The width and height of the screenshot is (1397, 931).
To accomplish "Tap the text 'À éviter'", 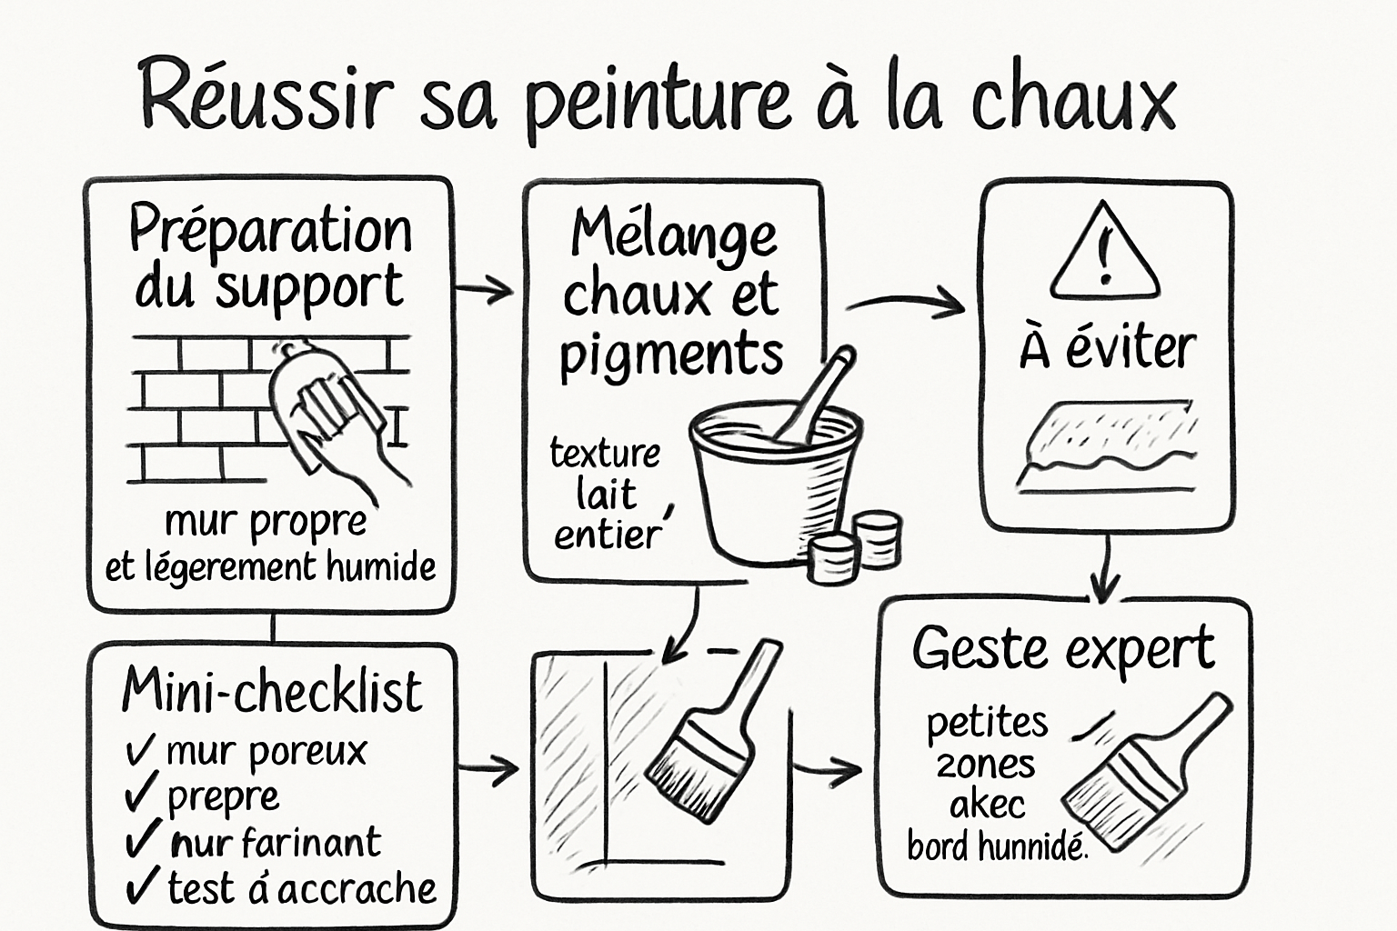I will coord(1107,348).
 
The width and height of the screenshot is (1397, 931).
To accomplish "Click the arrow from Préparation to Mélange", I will coord(485,291).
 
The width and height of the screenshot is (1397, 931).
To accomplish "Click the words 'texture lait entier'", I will coord(605,494).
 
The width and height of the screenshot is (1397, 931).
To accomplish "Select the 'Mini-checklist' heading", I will coord(271,691).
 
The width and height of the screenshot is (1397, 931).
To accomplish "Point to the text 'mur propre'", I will coord(266,523).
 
